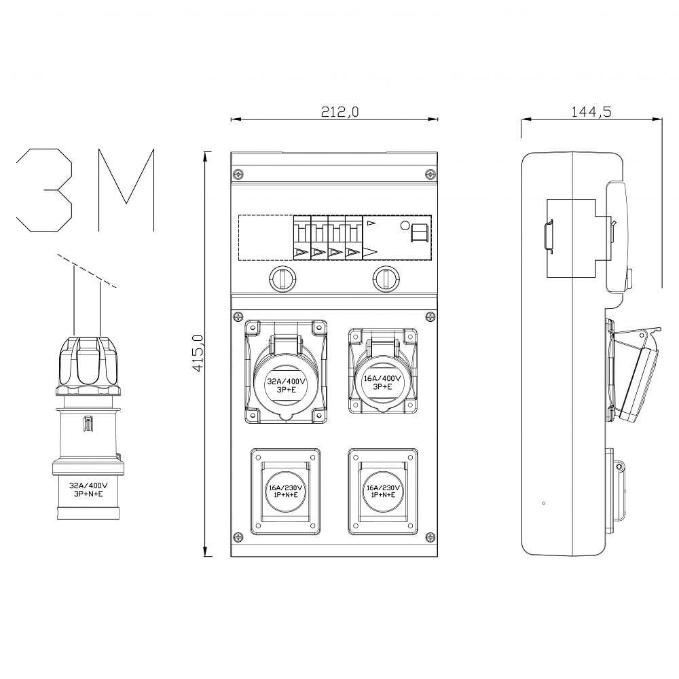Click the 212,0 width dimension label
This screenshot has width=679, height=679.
[x=339, y=112]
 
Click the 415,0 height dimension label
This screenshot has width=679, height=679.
[x=198, y=353]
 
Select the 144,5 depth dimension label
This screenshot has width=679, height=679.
[x=591, y=112]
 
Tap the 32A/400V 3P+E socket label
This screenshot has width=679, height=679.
[x=286, y=386]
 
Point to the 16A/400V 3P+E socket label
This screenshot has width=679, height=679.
[x=382, y=382]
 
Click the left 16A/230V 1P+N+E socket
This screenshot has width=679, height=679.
[x=285, y=491]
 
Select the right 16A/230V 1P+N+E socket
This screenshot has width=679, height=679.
[x=383, y=491]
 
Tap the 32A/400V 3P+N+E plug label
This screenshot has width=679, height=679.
[x=88, y=490]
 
